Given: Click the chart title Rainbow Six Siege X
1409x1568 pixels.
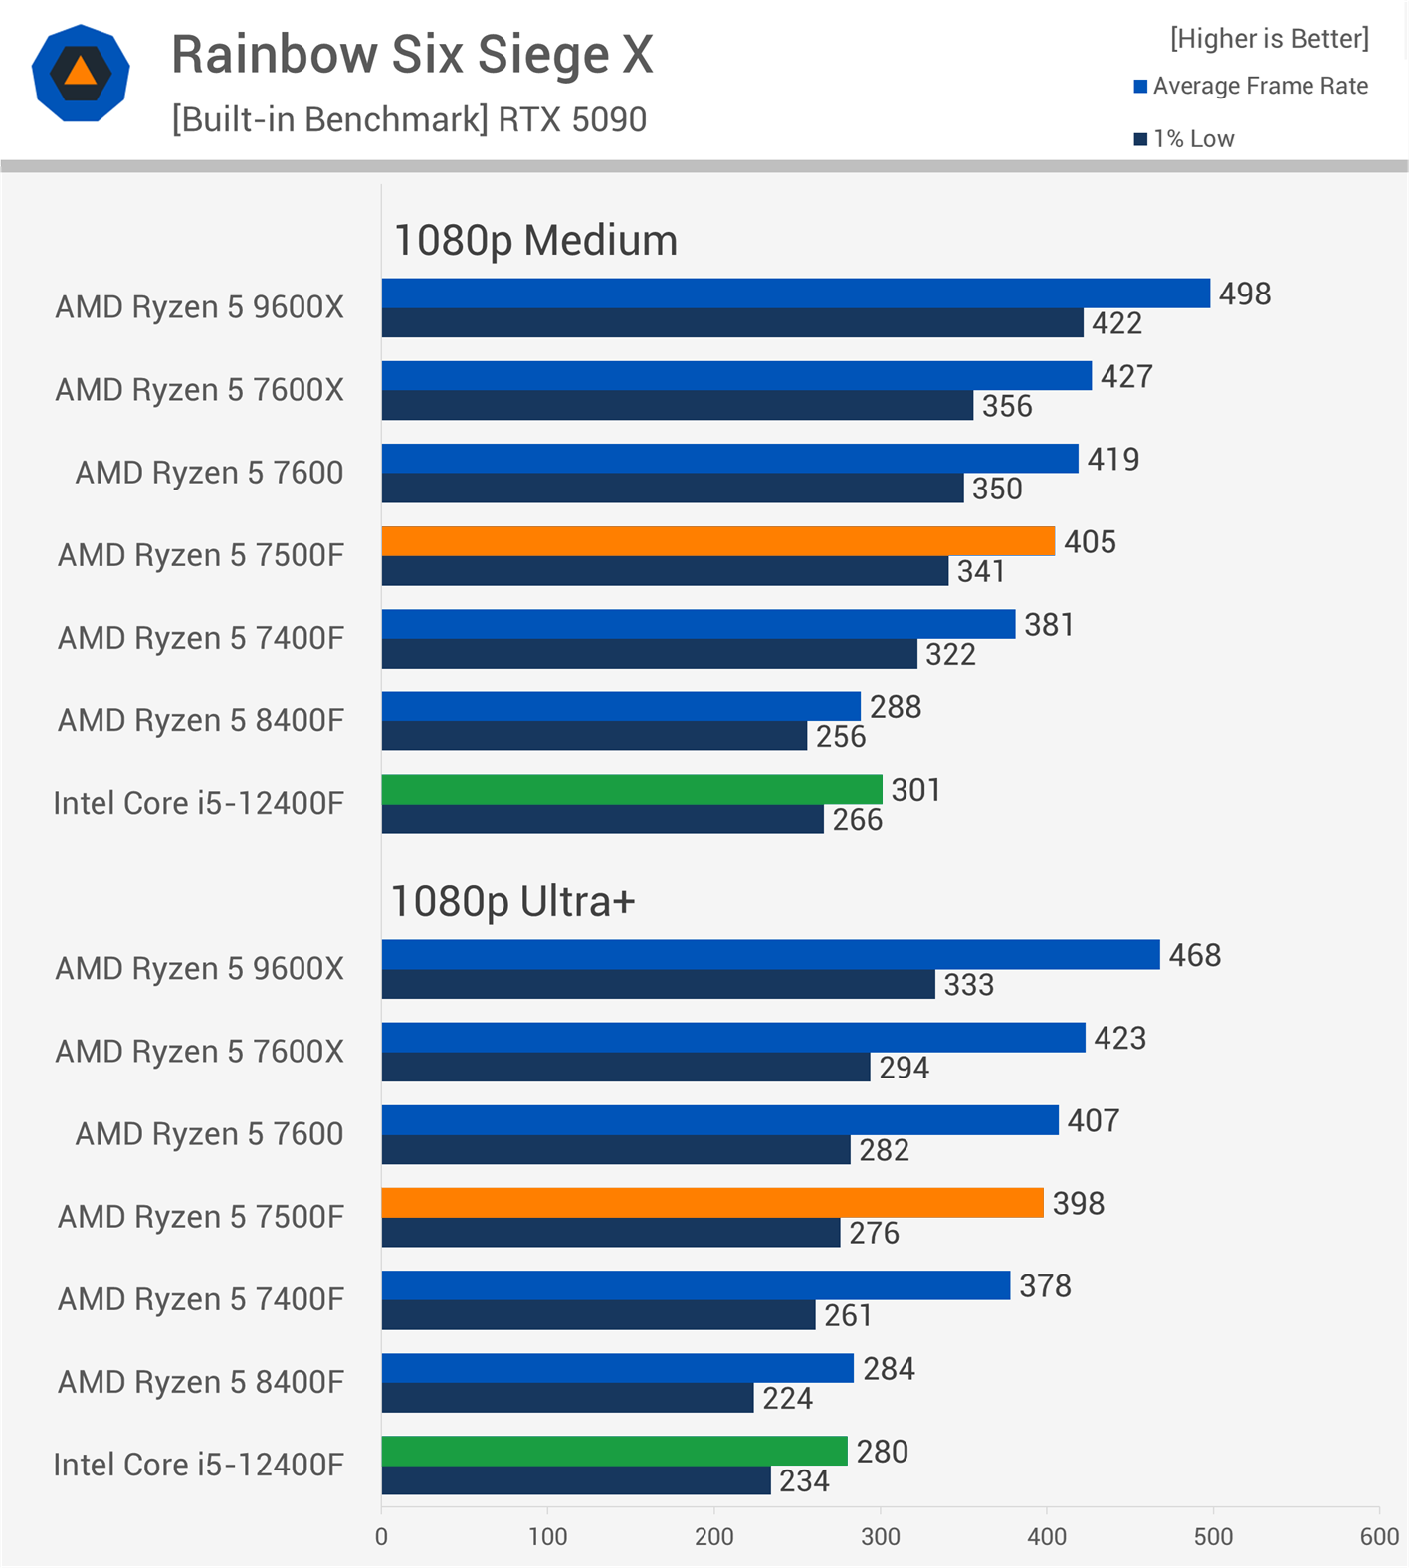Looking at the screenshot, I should pos(412,55).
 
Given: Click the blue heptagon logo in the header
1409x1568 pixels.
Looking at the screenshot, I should pos(81,74).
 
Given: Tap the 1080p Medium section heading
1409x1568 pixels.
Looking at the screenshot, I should pos(535,241).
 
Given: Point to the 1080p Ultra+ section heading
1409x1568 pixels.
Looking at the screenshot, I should pos(512,902).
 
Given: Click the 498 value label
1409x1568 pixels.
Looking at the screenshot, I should pos(1245,294).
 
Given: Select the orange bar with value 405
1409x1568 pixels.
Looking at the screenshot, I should pos(717,541).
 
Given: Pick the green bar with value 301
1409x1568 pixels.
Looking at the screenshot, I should pos(632,790).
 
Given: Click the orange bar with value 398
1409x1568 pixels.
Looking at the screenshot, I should pos(712,1203).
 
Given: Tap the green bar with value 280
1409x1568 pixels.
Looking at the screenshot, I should pos(614,1451).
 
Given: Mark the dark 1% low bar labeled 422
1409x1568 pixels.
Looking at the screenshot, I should pos(732,323).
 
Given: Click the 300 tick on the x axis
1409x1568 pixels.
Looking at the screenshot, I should pos(881,1537).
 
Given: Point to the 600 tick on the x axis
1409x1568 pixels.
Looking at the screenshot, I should pos(1379,1537).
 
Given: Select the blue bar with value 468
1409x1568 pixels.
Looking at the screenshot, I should pos(770,955).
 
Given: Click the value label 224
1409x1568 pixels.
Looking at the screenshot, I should pos(787,1399).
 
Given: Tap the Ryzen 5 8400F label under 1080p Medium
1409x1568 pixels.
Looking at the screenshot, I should pos(200,720).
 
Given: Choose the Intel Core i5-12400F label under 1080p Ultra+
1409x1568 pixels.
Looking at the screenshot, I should pos(198,1465).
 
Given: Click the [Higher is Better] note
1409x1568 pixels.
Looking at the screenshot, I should pos(1270,39).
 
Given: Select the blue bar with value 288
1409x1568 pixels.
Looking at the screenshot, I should pos(621,707).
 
